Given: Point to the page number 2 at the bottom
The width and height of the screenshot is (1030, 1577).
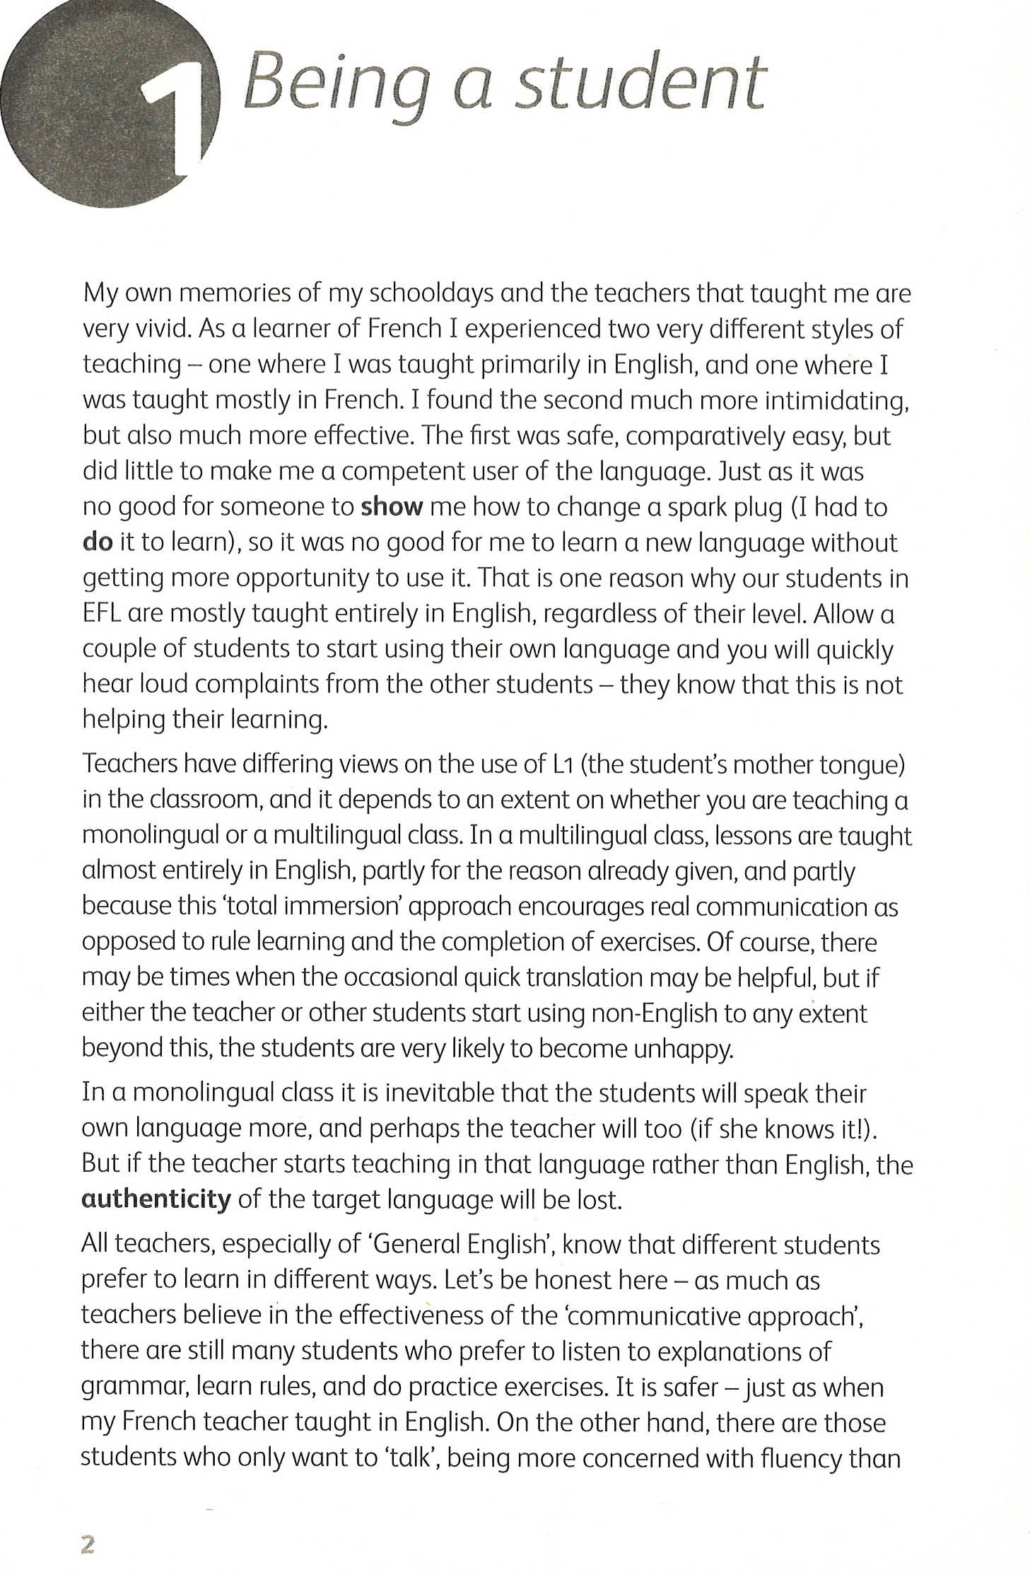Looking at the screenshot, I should click(88, 1544).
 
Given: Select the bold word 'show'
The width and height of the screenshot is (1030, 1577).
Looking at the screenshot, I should click(392, 507).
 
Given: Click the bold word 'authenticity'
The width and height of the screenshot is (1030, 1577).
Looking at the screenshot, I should click(156, 1199).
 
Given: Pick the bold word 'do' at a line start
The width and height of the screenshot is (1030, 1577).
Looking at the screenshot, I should click(98, 542).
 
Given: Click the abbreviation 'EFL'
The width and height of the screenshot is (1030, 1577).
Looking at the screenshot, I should click(102, 614).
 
